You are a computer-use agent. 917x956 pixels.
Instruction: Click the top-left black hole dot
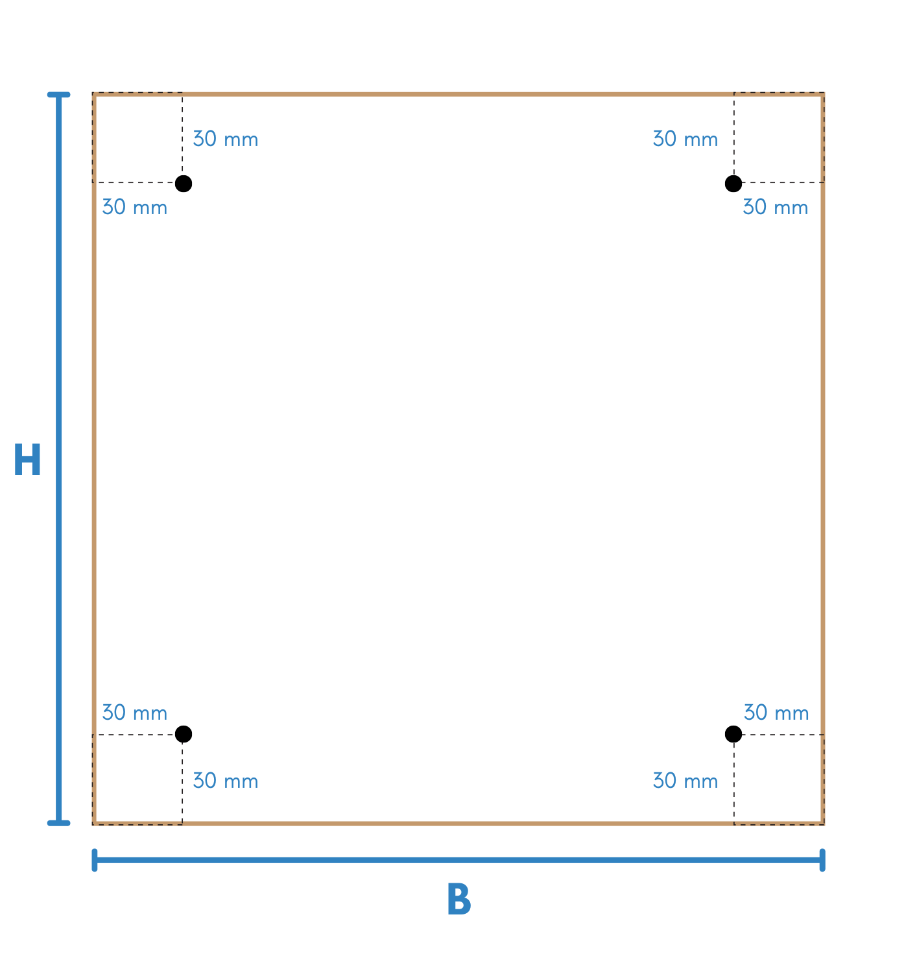pyautogui.click(x=184, y=184)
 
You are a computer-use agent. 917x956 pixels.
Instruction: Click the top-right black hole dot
pyautogui.click(x=733, y=184)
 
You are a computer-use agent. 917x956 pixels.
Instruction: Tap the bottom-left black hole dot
pyautogui.click(x=184, y=734)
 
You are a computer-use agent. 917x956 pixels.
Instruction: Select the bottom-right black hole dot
pyautogui.click(x=733, y=734)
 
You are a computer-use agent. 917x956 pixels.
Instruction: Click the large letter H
pyautogui.click(x=27, y=461)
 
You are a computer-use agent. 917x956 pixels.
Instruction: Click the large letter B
pyautogui.click(x=458, y=901)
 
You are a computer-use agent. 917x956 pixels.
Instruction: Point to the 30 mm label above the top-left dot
pyautogui.click(x=226, y=140)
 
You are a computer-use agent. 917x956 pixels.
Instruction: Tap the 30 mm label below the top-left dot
pyautogui.click(x=135, y=208)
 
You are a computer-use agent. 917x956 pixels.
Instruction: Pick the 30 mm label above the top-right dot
pyautogui.click(x=685, y=140)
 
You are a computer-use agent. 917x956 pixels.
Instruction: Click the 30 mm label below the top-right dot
pyautogui.click(x=776, y=208)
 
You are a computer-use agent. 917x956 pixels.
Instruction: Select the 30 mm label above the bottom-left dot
pyautogui.click(x=135, y=713)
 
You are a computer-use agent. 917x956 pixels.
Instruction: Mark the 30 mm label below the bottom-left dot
pyautogui.click(x=226, y=781)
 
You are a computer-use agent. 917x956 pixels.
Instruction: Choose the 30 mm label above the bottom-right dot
pyautogui.click(x=776, y=713)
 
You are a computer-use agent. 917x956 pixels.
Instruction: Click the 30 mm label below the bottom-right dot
pyautogui.click(x=685, y=781)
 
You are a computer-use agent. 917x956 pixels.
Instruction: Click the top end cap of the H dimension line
pyautogui.click(x=59, y=95)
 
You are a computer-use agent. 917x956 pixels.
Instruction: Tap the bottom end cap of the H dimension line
pyautogui.click(x=59, y=823)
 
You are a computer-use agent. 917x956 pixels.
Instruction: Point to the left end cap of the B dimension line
pyautogui.click(x=95, y=860)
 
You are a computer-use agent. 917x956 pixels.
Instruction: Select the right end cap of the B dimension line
pyautogui.click(x=822, y=860)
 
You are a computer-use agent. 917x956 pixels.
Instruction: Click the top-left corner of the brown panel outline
pyautogui.click(x=95, y=95)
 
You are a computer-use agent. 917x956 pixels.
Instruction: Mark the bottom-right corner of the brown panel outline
pyautogui.click(x=822, y=823)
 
